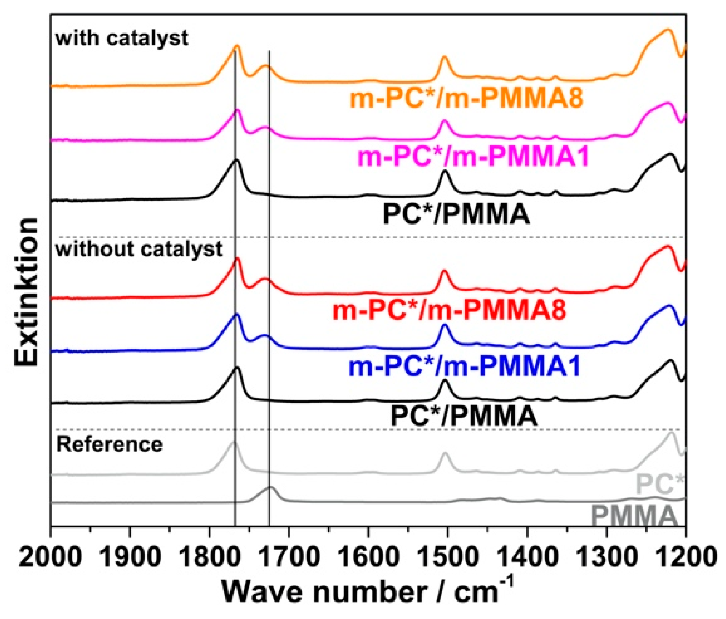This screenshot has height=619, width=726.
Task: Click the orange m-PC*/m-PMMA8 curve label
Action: (x=466, y=98)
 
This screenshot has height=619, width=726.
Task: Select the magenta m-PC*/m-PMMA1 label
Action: (x=473, y=157)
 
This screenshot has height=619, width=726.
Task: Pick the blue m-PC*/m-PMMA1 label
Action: (x=465, y=367)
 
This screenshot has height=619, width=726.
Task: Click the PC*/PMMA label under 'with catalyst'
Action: (x=456, y=214)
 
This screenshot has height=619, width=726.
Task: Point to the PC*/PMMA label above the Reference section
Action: (x=464, y=416)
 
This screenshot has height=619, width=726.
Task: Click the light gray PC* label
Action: (x=660, y=484)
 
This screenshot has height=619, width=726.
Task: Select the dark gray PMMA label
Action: (x=634, y=515)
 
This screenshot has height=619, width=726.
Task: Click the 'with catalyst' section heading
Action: (x=122, y=38)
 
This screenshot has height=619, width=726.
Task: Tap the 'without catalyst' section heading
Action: (x=139, y=249)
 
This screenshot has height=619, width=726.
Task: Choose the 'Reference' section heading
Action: (x=109, y=445)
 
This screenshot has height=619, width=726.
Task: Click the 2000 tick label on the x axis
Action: (x=51, y=557)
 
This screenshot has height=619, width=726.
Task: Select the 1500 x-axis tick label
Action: (x=447, y=557)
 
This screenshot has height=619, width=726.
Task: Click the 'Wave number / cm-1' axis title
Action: (x=367, y=591)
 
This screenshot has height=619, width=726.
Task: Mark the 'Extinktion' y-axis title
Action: (x=26, y=292)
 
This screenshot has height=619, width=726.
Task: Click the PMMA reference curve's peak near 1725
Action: (x=271, y=487)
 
